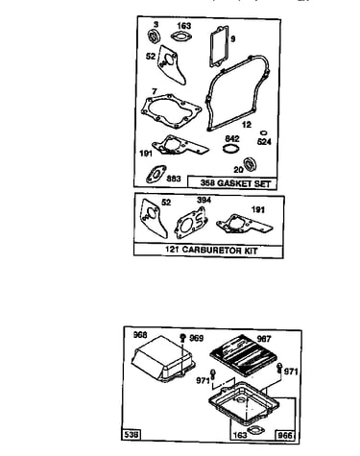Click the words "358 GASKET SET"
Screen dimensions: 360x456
click(x=235, y=183)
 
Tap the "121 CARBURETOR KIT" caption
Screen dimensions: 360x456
click(x=211, y=250)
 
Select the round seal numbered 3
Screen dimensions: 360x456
click(x=154, y=36)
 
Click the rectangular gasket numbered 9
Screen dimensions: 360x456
click(x=219, y=47)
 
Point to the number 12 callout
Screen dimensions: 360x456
click(x=247, y=125)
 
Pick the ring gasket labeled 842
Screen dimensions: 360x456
click(x=230, y=149)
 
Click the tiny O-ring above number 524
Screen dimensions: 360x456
click(x=264, y=132)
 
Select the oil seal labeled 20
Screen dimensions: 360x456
click(x=251, y=164)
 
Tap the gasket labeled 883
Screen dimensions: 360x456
click(x=156, y=174)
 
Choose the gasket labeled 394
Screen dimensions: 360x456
click(x=190, y=223)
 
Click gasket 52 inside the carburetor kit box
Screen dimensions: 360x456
click(x=153, y=218)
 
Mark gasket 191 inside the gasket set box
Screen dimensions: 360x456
click(x=180, y=146)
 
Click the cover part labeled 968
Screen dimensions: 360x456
click(x=163, y=358)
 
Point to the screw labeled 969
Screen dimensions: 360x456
click(x=183, y=338)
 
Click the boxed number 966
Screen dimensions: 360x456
click(x=285, y=435)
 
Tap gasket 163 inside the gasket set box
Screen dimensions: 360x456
click(x=180, y=36)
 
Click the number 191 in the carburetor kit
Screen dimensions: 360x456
click(x=258, y=210)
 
